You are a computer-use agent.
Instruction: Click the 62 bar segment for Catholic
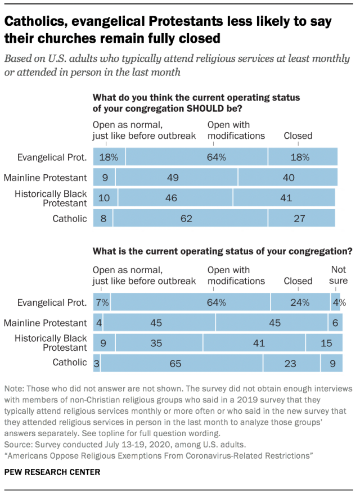[x=190, y=218]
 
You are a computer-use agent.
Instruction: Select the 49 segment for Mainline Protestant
[x=177, y=178]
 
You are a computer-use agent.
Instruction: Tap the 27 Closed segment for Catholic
[x=302, y=218]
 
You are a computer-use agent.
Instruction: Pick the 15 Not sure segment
[x=323, y=343]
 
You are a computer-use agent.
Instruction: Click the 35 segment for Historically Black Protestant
[x=159, y=343]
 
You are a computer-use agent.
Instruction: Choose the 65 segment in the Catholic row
[x=175, y=364]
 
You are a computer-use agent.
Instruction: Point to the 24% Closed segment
[x=300, y=302]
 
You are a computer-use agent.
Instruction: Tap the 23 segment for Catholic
[x=291, y=364]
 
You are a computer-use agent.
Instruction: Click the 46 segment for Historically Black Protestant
[x=175, y=198]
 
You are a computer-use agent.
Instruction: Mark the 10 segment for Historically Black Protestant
[x=105, y=198]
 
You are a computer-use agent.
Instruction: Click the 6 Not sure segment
[x=335, y=323]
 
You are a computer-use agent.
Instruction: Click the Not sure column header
[x=338, y=275]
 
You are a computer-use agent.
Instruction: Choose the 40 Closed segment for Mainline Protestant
[x=288, y=178]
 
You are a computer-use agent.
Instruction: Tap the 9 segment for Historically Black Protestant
[x=103, y=343]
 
